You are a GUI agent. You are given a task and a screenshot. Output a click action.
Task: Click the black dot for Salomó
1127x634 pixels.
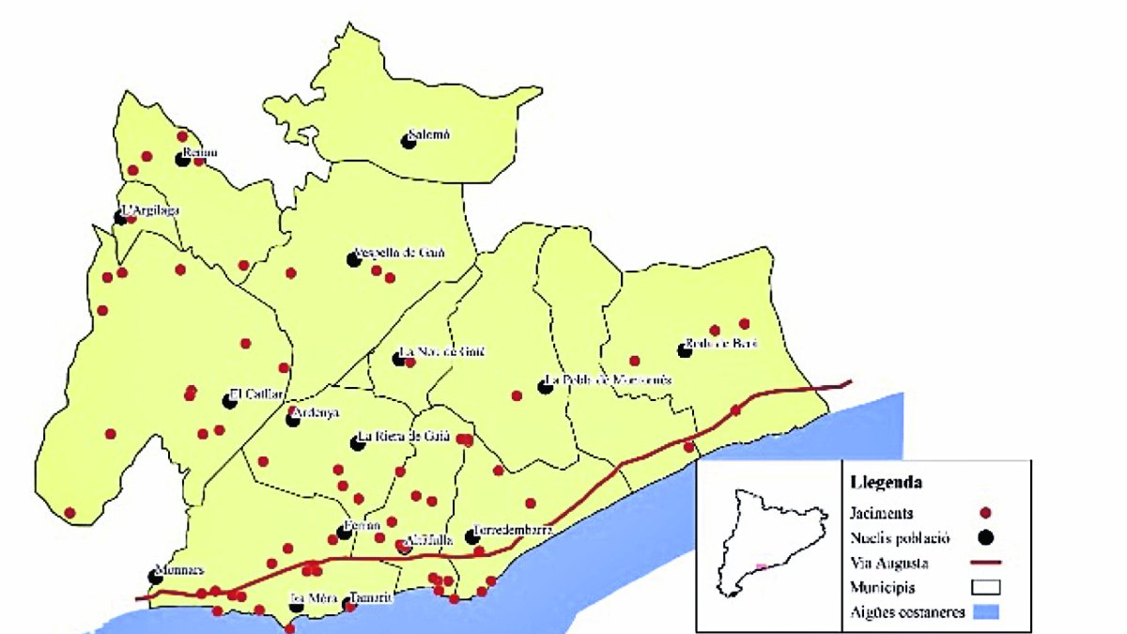point(409,142)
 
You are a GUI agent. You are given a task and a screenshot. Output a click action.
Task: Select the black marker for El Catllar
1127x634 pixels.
point(229,402)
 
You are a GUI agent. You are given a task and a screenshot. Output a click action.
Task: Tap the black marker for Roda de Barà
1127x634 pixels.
point(685,350)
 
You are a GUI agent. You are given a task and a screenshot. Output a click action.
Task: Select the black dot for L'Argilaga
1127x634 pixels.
point(120,218)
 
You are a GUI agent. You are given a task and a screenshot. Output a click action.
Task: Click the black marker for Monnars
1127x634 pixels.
point(155,577)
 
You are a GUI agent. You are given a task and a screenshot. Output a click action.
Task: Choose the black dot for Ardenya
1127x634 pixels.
point(293,420)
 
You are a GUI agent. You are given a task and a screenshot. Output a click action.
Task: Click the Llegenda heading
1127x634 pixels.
point(884,483)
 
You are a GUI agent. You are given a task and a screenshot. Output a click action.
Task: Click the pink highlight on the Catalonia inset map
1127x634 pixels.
point(762,566)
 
